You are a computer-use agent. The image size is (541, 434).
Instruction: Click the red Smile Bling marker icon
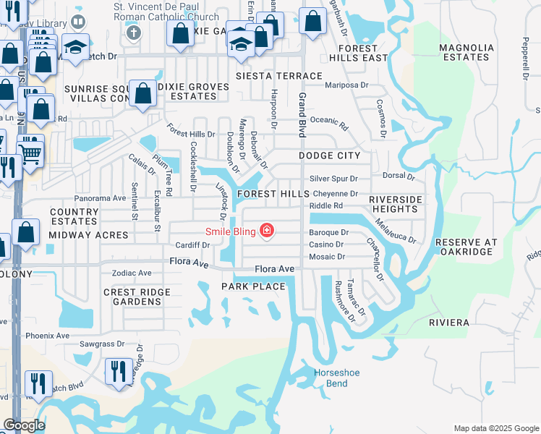point(267,231)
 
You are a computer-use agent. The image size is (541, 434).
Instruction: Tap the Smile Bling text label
point(231,231)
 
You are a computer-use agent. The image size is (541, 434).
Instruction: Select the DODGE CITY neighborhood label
point(329,156)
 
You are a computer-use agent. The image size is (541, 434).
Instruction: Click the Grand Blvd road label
point(302,116)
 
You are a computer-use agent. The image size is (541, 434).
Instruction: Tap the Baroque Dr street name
point(329,233)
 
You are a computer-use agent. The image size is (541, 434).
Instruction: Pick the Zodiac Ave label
point(131,273)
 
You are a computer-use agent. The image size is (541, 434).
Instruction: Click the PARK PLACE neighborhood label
point(254,286)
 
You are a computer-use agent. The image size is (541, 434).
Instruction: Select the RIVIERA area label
point(449,322)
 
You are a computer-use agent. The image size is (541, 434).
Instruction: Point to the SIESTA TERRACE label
point(279,76)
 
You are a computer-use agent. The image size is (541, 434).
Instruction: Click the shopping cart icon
point(30,153)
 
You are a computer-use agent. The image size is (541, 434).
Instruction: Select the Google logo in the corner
point(24,425)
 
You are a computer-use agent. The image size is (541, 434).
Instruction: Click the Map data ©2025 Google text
point(495,428)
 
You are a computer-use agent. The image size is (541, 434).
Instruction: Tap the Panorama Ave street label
point(101,198)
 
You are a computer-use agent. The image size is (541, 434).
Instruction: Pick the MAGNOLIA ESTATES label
point(467,53)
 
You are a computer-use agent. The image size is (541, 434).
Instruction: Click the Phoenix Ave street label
point(47,336)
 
